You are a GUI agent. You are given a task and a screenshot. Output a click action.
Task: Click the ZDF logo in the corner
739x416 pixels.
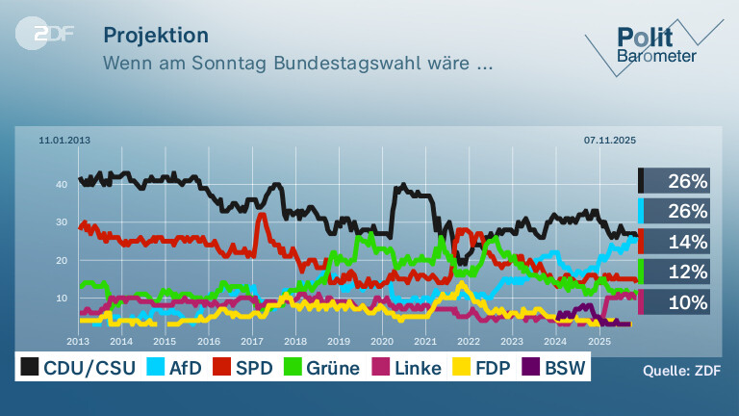pos(44,34)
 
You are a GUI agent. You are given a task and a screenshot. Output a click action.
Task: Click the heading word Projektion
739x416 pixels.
pos(156,36)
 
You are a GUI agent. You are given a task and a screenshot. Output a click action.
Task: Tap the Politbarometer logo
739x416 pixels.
pos(654,46)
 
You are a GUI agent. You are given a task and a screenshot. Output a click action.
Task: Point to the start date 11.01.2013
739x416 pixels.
pos(64,140)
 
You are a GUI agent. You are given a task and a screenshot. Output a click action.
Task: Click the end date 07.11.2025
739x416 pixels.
pos(610,140)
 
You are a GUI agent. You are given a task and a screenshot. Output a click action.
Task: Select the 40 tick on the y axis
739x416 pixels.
pos(62,185)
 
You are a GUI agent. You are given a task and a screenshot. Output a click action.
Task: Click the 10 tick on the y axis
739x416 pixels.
pos(62,299)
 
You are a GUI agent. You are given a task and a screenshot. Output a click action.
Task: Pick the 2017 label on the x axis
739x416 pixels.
pos(252,341)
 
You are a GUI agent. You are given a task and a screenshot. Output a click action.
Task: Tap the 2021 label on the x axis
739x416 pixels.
pos(425,341)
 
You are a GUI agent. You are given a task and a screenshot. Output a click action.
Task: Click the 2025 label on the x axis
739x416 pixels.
pos(599,341)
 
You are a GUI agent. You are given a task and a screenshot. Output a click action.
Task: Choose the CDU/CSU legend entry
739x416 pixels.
pos(78,368)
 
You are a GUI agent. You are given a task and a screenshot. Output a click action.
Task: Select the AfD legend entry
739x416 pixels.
pos(174,368)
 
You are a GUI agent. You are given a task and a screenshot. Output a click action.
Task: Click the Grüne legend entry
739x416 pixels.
pos(322,368)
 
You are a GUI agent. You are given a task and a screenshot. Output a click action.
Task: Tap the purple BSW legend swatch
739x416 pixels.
pos(531,367)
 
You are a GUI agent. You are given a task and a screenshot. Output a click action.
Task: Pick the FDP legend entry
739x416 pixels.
pos(481,368)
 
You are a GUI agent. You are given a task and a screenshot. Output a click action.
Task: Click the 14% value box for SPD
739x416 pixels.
pos(674,242)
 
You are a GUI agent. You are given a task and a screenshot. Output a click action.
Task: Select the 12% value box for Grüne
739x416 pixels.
pos(674,272)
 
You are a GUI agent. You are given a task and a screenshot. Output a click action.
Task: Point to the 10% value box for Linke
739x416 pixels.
pos(674,301)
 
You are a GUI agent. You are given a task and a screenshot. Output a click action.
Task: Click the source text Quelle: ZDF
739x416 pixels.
pos(681,371)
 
